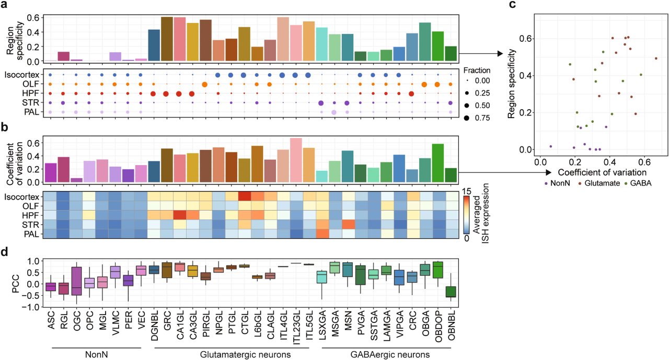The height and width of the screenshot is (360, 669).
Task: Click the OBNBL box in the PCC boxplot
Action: tap(451, 292)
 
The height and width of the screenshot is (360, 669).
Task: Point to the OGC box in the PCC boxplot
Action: tap(76, 281)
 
